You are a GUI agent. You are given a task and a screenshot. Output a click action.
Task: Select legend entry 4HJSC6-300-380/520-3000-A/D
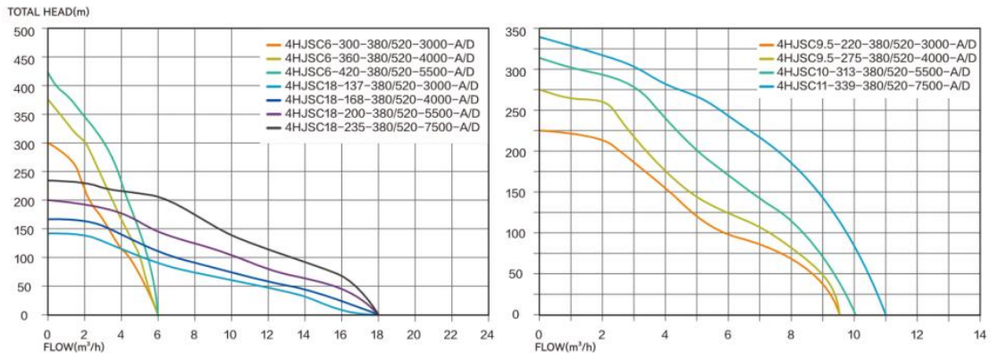click(379, 44)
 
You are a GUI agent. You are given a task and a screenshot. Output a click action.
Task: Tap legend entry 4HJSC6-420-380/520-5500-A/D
click(379, 71)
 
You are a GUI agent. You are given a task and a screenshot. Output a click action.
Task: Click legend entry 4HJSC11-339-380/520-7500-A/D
click(872, 85)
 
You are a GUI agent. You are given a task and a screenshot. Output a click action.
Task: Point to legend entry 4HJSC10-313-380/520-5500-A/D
click(872, 71)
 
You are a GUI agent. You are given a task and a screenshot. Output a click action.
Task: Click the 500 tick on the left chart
click(24, 30)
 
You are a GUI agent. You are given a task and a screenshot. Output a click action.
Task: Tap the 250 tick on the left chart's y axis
click(24, 172)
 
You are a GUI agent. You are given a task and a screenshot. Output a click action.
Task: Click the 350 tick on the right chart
click(516, 32)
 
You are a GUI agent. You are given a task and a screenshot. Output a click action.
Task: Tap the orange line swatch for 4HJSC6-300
click(275, 44)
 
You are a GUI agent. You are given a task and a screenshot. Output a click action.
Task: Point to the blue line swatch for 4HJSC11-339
click(766, 85)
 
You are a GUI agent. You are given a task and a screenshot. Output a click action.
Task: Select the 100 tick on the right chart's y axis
click(516, 233)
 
